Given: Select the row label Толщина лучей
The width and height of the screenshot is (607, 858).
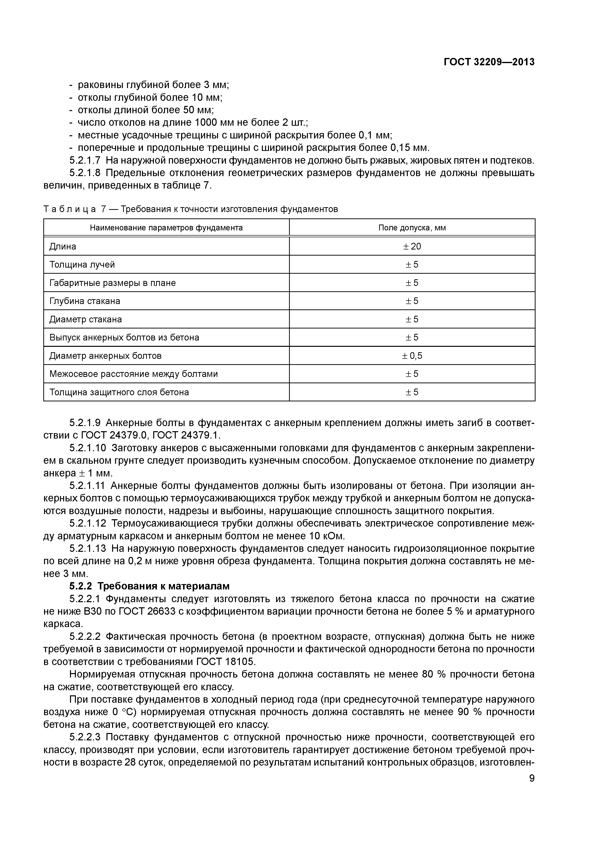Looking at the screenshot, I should point(82,265).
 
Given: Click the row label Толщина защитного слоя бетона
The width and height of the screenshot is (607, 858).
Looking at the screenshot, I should point(119,392).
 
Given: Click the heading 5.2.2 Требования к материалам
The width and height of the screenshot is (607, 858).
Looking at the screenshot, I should point(149,586).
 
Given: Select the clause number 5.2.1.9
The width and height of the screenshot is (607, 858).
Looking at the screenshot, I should point(85,423).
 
